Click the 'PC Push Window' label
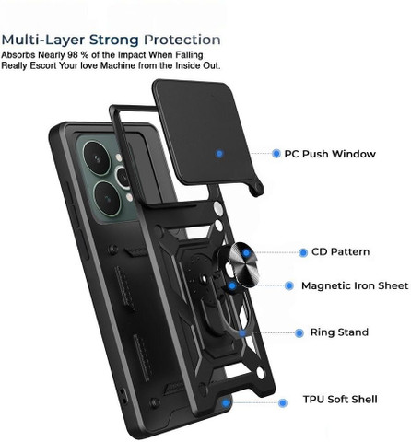(x=330, y=154)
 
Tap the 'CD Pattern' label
(x=340, y=252)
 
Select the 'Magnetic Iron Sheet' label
(x=355, y=285)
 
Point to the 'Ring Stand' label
(x=339, y=332)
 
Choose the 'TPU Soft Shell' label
(x=340, y=400)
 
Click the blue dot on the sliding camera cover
(x=219, y=154)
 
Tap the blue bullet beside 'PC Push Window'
(x=276, y=154)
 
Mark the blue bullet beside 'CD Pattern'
(x=303, y=252)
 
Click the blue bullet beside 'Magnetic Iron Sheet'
(x=288, y=285)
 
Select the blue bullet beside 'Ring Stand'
(x=299, y=332)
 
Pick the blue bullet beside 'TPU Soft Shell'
(x=283, y=402)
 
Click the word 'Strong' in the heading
(x=114, y=41)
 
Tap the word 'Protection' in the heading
(x=182, y=40)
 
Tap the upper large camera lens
(x=97, y=158)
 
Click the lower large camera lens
(x=107, y=198)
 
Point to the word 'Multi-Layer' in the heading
(x=43, y=41)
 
